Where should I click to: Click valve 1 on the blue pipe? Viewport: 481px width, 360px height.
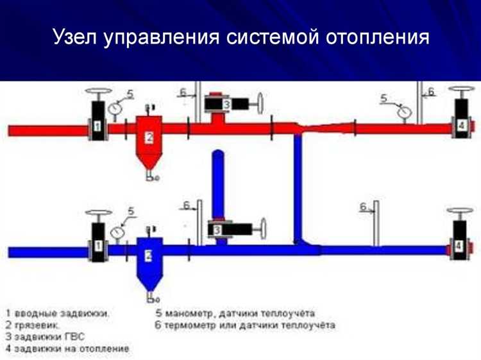tap(98, 243)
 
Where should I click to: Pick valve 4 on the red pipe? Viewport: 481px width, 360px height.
tap(460, 124)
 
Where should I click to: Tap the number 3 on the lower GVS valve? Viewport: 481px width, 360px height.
tap(218, 228)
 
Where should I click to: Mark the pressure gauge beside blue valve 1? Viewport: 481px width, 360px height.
tap(117, 232)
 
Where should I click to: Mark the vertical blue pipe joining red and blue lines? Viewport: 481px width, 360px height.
tap(298, 186)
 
